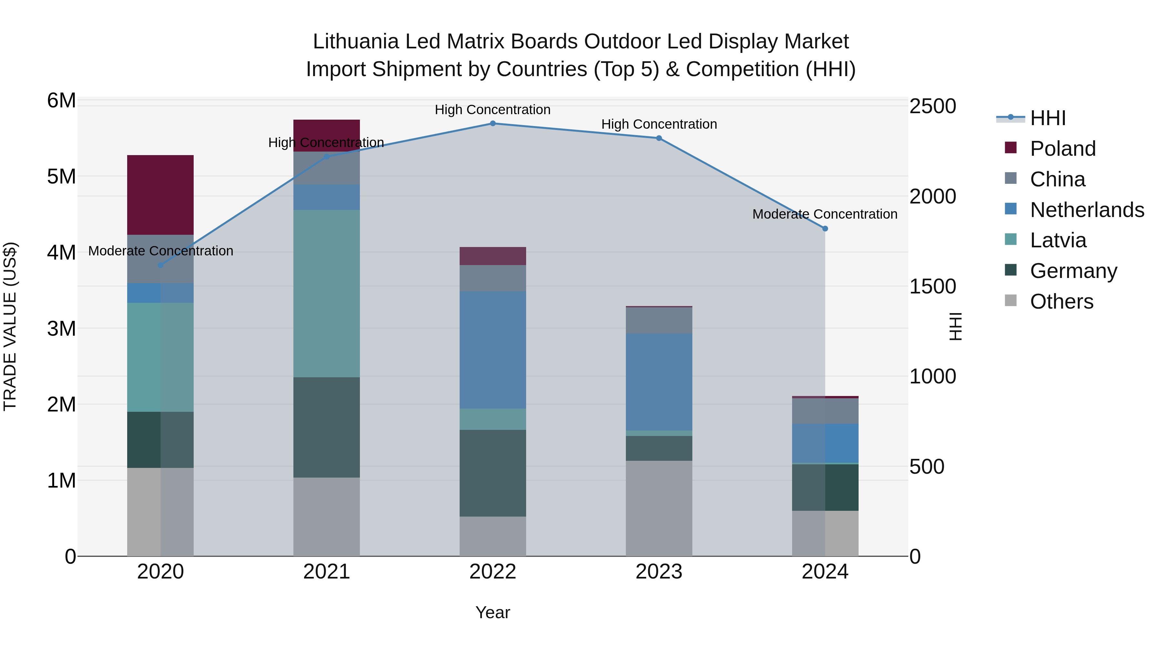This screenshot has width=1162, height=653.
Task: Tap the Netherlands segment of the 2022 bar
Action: click(493, 350)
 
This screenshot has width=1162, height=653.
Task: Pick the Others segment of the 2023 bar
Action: click(658, 508)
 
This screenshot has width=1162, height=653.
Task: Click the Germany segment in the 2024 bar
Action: click(825, 487)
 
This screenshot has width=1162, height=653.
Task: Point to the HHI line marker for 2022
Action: click(493, 124)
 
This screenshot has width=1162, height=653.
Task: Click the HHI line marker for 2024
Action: click(825, 229)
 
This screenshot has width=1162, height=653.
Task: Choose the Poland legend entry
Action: click(1062, 149)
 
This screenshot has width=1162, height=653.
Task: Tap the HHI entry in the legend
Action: click(1047, 118)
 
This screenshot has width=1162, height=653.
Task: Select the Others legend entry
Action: click(1061, 302)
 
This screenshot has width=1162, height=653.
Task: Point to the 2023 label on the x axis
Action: click(658, 572)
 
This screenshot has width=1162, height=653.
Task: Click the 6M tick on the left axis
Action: click(61, 101)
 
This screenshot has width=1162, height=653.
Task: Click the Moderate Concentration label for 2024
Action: click(825, 214)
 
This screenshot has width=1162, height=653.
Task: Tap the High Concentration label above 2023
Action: click(658, 124)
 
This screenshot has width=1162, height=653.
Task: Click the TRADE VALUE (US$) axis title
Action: click(10, 326)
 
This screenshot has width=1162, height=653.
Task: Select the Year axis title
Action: click(493, 612)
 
